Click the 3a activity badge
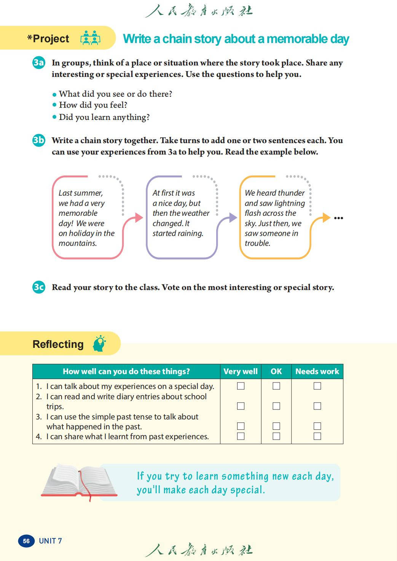pos(39,62)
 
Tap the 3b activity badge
pos(39,140)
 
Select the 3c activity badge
pos(39,287)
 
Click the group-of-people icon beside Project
pos(90,38)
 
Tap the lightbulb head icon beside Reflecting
pos(99,343)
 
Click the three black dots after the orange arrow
pos(338,218)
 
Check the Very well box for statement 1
pos(241,386)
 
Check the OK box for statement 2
pos(276,406)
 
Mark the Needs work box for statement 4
pos(317,436)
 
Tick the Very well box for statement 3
pos(241,426)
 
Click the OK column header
pos(276,371)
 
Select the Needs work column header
pos(317,371)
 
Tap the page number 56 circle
pos(26,541)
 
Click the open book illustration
pos(80,481)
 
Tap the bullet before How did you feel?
pos(54,105)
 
